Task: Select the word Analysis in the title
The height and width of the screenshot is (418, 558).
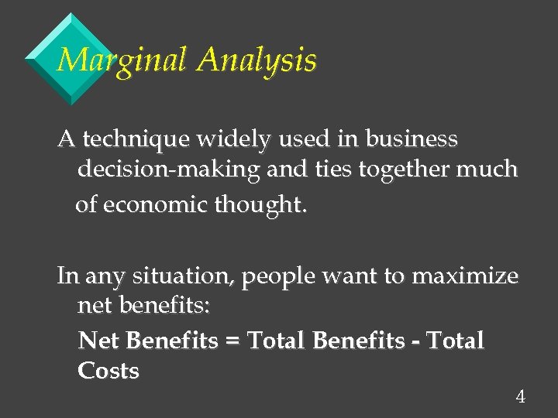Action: (257, 60)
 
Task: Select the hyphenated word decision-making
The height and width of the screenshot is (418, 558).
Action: (168, 169)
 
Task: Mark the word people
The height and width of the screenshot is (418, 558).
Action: (272, 277)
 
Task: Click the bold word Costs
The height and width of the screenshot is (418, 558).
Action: (108, 371)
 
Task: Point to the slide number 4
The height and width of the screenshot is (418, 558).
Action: (520, 398)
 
